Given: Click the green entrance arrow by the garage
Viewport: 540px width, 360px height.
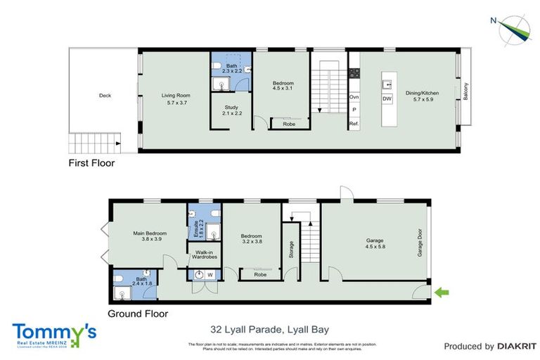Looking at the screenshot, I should pos(442,291).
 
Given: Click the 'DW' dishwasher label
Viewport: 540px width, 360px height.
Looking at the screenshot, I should pos(387,99).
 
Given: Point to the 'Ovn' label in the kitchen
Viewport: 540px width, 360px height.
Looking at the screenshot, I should pos(354,96).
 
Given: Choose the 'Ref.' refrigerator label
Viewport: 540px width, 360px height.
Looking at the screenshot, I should pos(354,124).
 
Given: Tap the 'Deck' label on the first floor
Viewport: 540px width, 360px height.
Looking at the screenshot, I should pos(105,96).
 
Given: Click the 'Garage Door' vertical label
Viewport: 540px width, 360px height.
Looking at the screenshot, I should pos(420,243).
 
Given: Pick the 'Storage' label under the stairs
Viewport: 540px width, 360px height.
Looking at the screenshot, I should pos(290,250).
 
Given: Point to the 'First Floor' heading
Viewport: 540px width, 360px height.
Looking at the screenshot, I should pos(91,163).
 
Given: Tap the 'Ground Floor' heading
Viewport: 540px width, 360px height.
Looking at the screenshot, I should pos(138,314).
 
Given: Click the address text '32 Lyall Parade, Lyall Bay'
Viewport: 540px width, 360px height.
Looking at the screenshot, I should pos(270,328).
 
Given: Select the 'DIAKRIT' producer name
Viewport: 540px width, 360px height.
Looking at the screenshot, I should pos(517,346).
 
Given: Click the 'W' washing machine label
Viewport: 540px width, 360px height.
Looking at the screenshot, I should pos(210,274).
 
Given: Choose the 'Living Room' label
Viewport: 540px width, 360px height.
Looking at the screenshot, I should pos(176,96).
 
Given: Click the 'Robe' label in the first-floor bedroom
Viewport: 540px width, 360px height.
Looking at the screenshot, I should pos(289,124).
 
